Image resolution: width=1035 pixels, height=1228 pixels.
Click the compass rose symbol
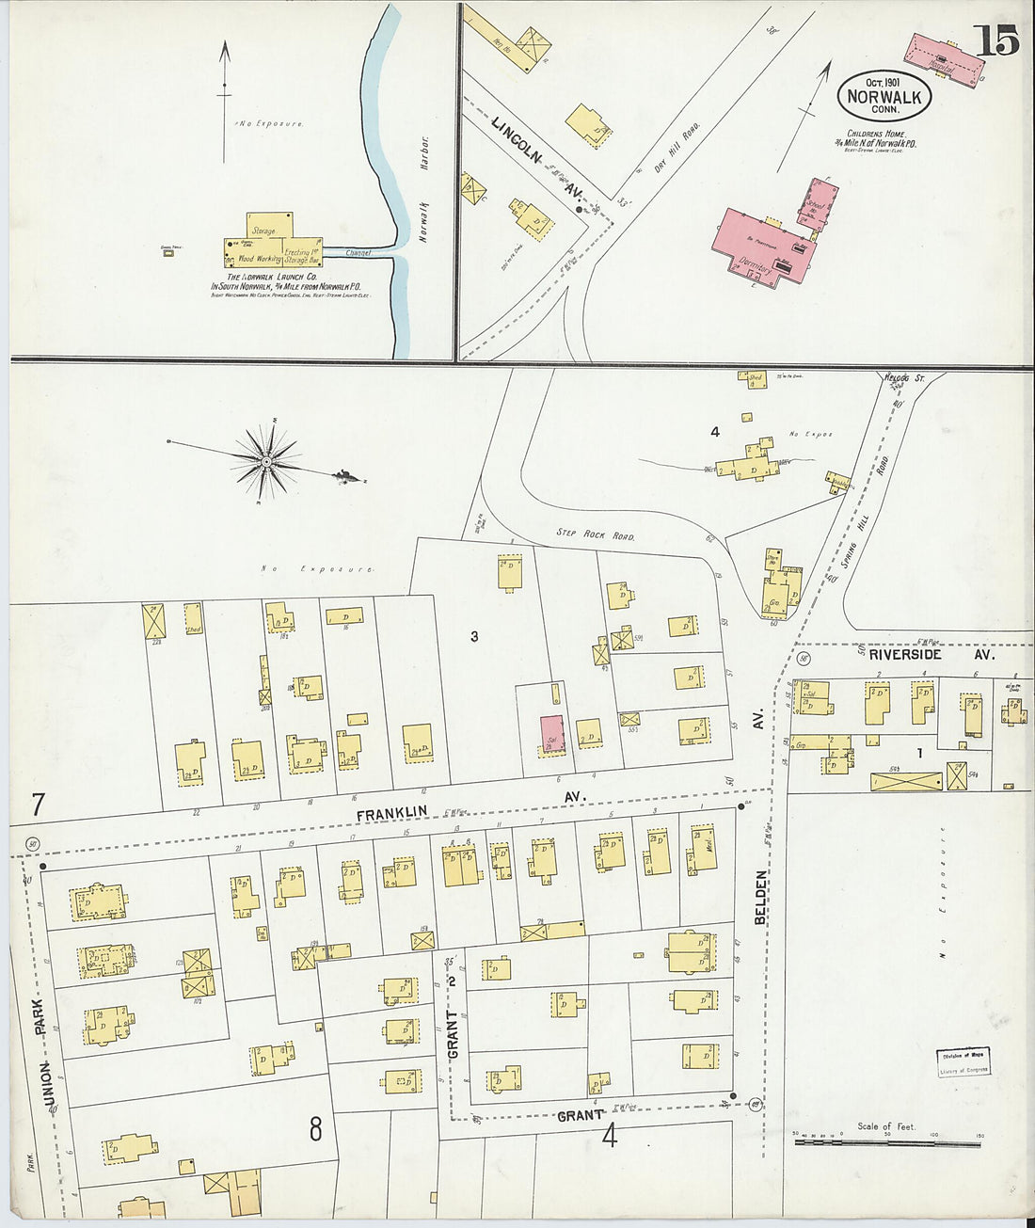pos(267,461)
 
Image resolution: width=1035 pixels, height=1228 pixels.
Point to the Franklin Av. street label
pos(470,805)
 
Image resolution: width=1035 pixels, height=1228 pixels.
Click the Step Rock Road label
pos(595,534)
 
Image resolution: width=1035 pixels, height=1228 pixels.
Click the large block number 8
pos(315,1127)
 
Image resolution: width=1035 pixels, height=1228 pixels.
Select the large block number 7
pos(39,805)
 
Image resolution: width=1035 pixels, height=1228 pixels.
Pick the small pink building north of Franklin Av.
pos(551,734)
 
